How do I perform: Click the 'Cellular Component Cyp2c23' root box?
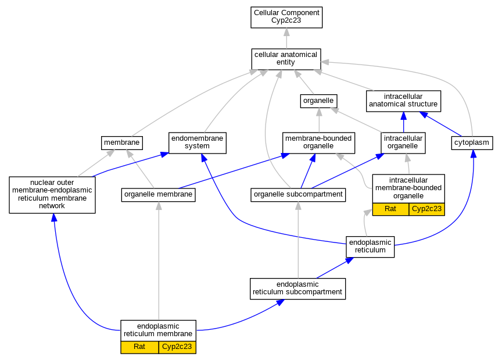tap(286, 17)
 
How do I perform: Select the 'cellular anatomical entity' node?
tap(286, 59)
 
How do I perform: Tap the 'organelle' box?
tap(318, 101)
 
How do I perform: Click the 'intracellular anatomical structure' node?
tap(403, 101)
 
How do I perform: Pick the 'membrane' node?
tap(121, 142)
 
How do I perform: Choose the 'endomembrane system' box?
tap(197, 142)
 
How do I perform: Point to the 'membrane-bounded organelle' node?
tap(318, 142)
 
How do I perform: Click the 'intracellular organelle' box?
tap(403, 142)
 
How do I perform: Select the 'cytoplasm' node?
tap(472, 142)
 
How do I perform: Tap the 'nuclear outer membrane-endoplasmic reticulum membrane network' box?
tap(52, 195)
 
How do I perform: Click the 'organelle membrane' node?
tap(158, 195)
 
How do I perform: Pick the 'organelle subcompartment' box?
tap(298, 195)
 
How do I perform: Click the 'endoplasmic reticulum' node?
tap(370, 247)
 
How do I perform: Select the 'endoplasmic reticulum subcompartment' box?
tap(297, 288)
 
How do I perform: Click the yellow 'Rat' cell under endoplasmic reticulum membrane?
tap(139, 347)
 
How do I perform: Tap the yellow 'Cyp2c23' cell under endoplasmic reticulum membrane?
tap(177, 347)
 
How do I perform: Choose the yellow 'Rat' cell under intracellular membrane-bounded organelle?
tap(390, 209)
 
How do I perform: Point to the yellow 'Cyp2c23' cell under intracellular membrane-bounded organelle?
tap(427, 209)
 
